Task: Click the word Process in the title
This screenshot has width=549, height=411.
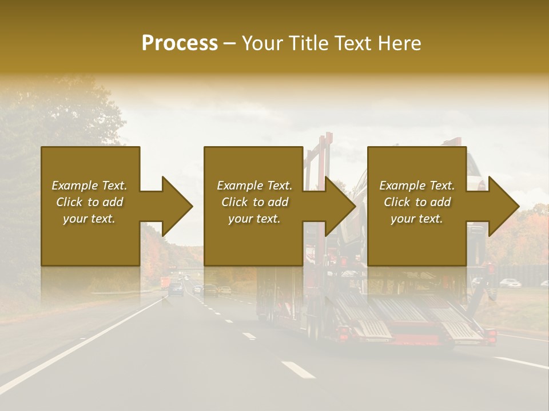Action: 180,43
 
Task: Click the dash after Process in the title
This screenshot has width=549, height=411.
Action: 230,43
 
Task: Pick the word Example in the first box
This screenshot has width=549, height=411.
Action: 75,186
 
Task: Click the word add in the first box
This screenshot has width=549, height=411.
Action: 113,202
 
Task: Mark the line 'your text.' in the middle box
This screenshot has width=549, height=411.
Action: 254,219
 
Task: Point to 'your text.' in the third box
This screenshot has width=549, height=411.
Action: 416,219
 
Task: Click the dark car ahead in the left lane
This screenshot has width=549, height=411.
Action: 176,289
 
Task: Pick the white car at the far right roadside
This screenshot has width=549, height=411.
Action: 511,283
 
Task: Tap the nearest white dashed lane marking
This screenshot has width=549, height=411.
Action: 298,369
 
